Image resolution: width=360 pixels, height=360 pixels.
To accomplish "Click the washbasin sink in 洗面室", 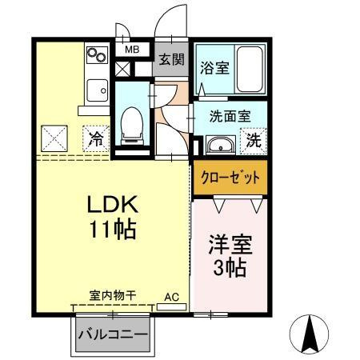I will [x=218, y=146].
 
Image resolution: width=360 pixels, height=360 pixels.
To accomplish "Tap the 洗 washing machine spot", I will [x=253, y=142].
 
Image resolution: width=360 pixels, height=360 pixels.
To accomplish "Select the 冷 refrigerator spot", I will [x=95, y=138].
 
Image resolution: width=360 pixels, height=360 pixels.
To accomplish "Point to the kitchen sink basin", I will [x=97, y=90].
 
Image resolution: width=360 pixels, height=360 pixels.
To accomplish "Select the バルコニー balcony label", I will [x=113, y=334].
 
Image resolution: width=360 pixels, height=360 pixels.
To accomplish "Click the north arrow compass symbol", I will [x=311, y=332].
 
